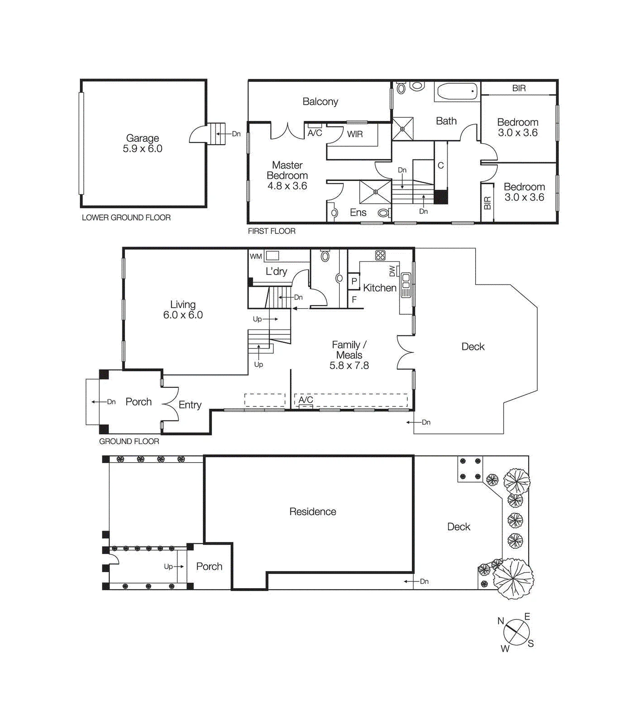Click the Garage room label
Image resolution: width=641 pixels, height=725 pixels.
click(x=142, y=138)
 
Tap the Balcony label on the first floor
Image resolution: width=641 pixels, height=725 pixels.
click(x=320, y=101)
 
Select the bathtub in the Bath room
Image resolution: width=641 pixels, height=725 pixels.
click(x=457, y=92)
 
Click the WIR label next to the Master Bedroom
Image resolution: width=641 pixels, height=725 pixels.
click(x=355, y=134)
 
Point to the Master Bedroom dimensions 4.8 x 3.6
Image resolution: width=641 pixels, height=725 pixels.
click(x=287, y=186)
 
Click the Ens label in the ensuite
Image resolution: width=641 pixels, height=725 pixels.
click(x=358, y=213)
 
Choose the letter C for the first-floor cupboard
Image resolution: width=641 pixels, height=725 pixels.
click(x=441, y=165)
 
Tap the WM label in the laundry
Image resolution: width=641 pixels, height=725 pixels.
click(x=256, y=256)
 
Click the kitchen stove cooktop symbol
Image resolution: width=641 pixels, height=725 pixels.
click(x=380, y=255)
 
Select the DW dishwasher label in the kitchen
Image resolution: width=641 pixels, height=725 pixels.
click(x=392, y=271)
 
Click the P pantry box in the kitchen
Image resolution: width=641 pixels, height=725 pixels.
click(x=354, y=281)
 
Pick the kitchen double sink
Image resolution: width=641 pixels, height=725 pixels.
click(x=406, y=285)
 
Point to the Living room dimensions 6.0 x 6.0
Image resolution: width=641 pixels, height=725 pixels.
click(x=183, y=315)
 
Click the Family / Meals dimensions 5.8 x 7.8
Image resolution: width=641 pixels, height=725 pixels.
click(x=349, y=365)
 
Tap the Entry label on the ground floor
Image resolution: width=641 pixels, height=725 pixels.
click(x=190, y=405)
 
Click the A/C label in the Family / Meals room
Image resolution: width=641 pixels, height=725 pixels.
click(x=306, y=400)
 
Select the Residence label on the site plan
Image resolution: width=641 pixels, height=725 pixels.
click(x=313, y=512)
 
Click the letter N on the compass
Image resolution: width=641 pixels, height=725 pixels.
click(x=501, y=621)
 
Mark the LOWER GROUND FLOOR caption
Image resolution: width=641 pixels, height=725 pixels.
click(x=126, y=217)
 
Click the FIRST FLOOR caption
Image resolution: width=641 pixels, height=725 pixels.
click(x=272, y=231)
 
